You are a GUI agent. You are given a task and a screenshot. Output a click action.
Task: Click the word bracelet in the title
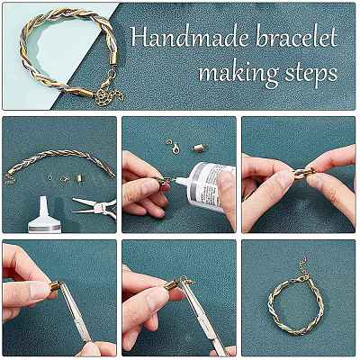point(297,39)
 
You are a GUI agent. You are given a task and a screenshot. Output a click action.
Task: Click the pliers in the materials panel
point(95,207)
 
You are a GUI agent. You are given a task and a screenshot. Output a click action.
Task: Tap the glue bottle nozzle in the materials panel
point(44,206)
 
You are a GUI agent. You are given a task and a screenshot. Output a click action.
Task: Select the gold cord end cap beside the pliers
point(79,177)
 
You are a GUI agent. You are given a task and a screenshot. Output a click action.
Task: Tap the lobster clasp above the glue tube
point(175,148)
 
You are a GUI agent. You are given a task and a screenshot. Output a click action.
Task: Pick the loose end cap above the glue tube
point(198,148)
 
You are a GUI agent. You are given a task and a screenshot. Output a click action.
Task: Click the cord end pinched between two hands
point(303,174)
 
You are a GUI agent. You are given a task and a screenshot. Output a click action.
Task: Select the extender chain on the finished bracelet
point(303,268)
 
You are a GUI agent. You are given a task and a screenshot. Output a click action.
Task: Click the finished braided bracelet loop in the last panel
point(295,308)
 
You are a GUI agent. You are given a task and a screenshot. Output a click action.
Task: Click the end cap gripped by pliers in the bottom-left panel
point(56,286)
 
